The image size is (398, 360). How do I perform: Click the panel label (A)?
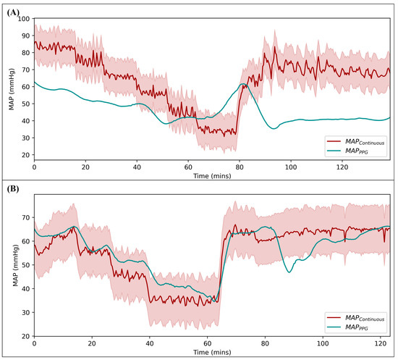[x=13, y=12]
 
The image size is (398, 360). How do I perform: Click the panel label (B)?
[x=13, y=189]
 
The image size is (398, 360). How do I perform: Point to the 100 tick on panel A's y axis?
[x=24, y=19]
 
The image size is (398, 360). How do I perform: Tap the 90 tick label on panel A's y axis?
[x=25, y=35]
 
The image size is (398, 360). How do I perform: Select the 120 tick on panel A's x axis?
[x=342, y=167]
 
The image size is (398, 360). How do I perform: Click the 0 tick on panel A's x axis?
[x=34, y=167]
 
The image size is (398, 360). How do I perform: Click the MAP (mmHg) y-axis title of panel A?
[x=12, y=89]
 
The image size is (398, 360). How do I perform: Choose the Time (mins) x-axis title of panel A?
[x=212, y=176]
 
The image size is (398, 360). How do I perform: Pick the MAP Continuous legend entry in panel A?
[x=355, y=142]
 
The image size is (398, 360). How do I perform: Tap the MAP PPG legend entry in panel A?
[x=347, y=151]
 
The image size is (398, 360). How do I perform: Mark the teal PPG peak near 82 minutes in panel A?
[x=244, y=83]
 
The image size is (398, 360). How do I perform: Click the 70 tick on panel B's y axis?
[x=25, y=217]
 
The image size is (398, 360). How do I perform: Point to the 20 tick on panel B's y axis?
[x=25, y=336]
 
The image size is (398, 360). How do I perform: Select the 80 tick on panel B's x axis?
[x=265, y=344]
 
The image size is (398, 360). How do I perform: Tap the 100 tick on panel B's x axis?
[x=323, y=344]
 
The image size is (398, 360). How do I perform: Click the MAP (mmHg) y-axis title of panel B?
[x=16, y=266]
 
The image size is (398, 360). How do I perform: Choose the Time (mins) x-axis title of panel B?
[x=212, y=352]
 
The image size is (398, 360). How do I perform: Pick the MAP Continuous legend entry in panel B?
[x=355, y=318]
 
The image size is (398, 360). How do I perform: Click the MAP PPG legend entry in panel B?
[x=347, y=327]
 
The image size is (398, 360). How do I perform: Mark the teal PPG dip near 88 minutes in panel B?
[x=289, y=272]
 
